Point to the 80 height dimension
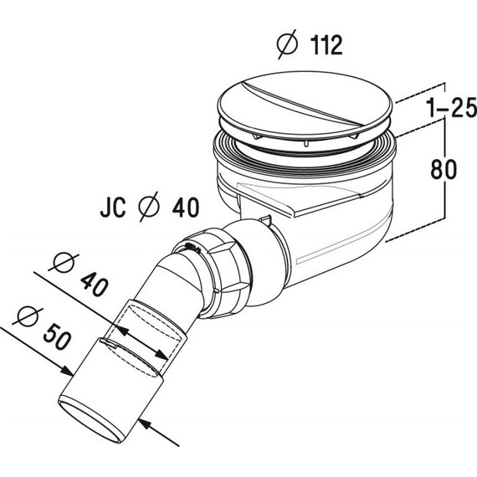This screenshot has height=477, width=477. point(445,170)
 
